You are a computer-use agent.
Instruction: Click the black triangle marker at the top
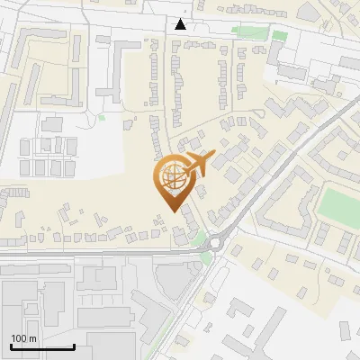pyautogui.click(x=181, y=24)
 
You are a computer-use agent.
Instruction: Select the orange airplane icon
pyautogui.click(x=198, y=164)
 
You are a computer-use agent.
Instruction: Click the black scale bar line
pyautogui.click(x=42, y=346)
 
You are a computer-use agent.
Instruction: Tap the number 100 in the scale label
pyautogui.click(x=20, y=338)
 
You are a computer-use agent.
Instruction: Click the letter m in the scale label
pyautogui.click(x=32, y=338)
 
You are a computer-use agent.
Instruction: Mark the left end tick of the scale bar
pyautogui.click(x=11, y=345)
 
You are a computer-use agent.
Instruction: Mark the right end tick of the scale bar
pyautogui.click(x=74, y=345)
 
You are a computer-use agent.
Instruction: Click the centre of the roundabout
pyautogui.click(x=215, y=242)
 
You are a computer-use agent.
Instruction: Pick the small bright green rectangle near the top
pyautogui.click(x=280, y=36)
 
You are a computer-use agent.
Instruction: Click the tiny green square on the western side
pyautogui.click(x=102, y=117)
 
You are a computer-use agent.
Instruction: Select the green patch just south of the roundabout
pyautogui.click(x=208, y=258)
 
